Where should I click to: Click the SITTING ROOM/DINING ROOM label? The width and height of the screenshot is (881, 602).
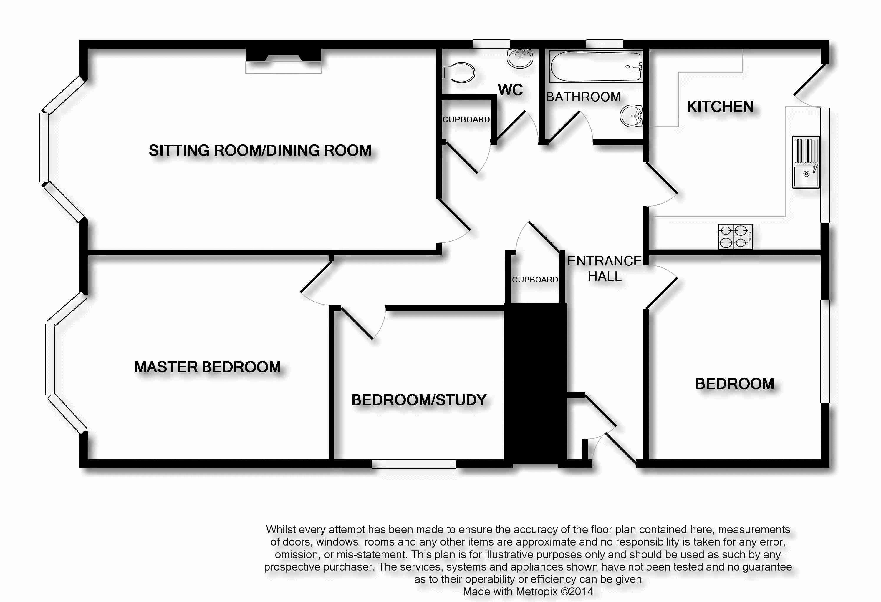pos(260,150)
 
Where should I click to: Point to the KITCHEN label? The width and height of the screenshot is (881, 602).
pos(720,107)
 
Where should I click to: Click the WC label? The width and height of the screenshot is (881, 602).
pos(510,90)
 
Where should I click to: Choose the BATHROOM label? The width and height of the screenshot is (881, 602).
pos(583,97)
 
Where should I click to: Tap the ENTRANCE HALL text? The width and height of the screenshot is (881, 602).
pos(604,269)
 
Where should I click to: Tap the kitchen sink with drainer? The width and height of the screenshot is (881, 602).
pos(806,162)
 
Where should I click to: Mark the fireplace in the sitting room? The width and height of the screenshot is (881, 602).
pos(283,61)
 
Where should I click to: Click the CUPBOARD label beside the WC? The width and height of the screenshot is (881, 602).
pos(466,119)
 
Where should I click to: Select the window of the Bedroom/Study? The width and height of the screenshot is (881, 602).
pos(414,464)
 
